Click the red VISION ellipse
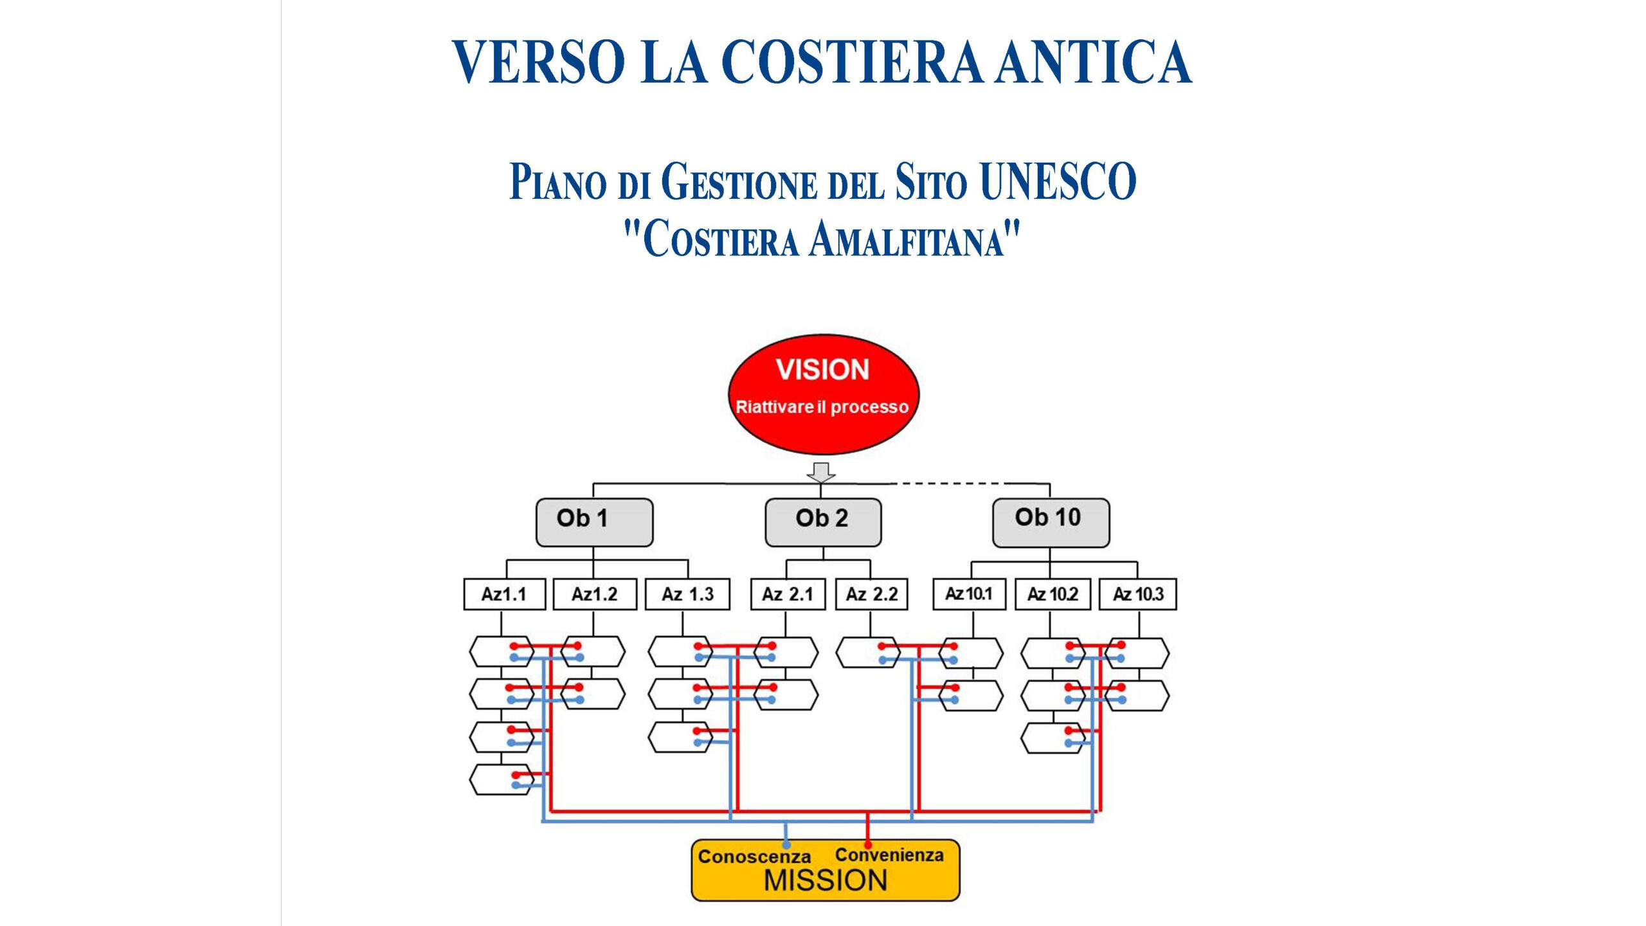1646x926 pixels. [823, 394]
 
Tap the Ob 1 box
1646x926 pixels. [594, 522]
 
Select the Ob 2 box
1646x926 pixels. [822, 522]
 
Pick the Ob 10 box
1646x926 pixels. [1051, 522]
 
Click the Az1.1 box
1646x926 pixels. [504, 594]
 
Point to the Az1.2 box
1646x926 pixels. [595, 594]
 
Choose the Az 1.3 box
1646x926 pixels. [687, 594]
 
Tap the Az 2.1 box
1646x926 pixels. [788, 594]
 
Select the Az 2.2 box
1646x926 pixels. [872, 594]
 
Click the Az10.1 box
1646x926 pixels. [969, 594]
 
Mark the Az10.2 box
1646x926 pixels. [1053, 594]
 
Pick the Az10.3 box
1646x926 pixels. [1138, 594]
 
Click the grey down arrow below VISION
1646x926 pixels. [821, 473]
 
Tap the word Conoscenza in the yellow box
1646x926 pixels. [754, 857]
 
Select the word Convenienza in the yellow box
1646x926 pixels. [889, 855]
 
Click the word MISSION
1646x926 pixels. [826, 880]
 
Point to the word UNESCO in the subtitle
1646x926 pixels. [1058, 182]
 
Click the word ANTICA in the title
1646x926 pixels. [1094, 62]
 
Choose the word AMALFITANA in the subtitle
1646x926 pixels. [914, 240]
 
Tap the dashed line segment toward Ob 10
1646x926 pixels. [952, 483]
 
